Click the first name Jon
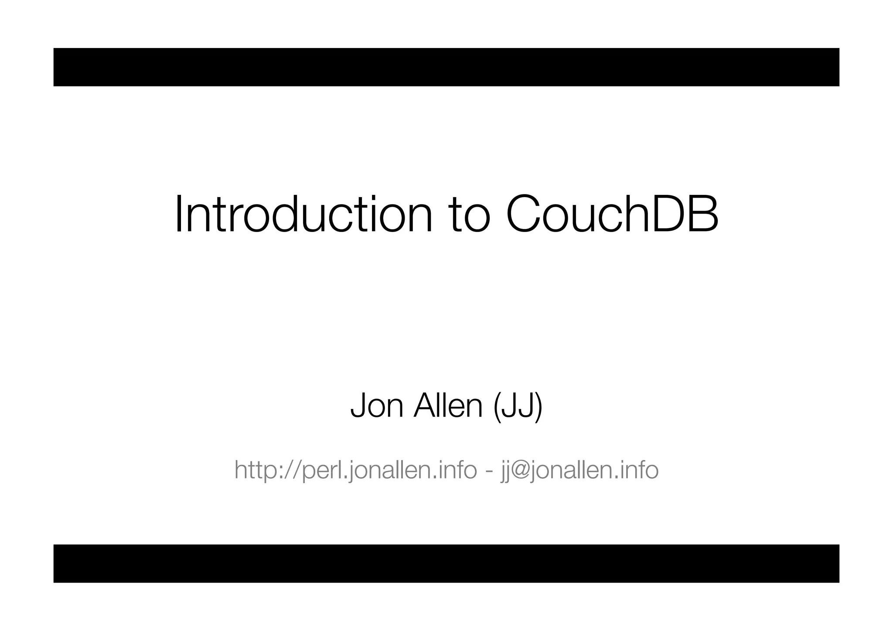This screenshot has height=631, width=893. click(x=377, y=406)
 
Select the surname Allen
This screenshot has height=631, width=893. click(x=448, y=406)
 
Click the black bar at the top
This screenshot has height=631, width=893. click(x=446, y=67)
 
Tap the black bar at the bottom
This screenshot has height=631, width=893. click(x=446, y=563)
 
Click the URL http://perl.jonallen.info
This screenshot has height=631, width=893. click(x=355, y=470)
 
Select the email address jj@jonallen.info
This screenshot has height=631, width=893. click(x=579, y=470)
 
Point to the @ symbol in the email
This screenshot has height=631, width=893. click(x=522, y=471)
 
